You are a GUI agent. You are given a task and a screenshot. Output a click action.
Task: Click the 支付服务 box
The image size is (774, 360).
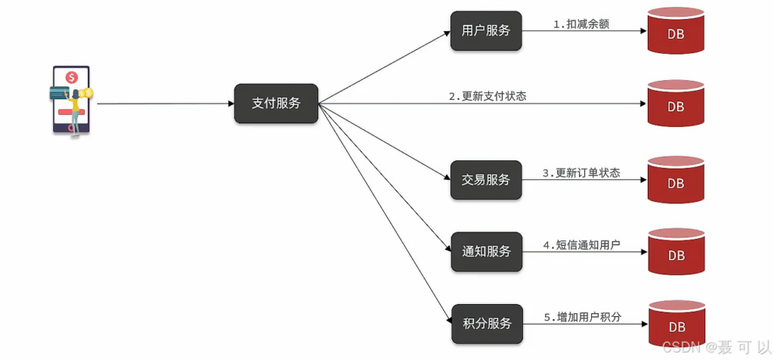pos(276,104)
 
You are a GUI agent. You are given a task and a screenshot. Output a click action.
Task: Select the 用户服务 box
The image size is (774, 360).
pos(486,32)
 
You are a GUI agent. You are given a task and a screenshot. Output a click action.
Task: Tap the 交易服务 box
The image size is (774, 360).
pos(486,180)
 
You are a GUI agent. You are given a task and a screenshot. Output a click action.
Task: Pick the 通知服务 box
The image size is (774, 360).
pos(486,251)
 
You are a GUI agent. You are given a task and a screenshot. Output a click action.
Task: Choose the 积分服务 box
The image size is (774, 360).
pos(486,324)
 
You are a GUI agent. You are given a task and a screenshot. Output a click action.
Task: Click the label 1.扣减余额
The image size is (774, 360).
pos(581,24)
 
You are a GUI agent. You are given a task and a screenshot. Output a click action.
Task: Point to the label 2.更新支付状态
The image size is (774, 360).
pos(487,96)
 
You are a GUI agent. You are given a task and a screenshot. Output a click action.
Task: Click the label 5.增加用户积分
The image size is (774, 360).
pos(582,318)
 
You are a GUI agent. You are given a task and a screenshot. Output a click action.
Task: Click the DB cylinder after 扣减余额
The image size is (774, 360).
pos(675,32)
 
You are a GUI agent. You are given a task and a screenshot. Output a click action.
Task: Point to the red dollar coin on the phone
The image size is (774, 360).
pos(72,77)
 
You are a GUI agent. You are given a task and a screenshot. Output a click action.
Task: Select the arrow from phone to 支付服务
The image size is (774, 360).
pos(166,104)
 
